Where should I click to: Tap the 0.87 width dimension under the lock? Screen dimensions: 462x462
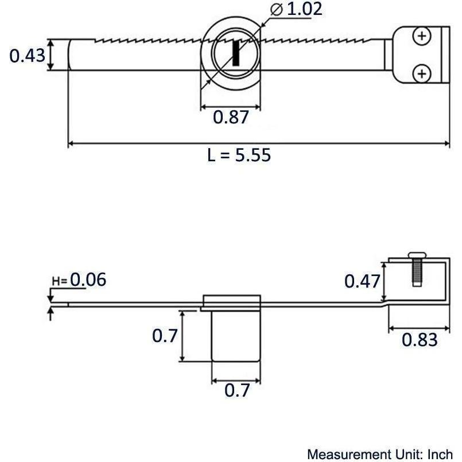pos(231,117)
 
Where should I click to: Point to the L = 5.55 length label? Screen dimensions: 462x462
pos(239,155)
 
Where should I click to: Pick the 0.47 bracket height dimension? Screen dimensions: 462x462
pos(362,281)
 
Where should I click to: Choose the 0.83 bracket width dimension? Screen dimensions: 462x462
pos(419,340)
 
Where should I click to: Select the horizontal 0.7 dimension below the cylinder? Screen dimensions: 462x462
pos(237,391)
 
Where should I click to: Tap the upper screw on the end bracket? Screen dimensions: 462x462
pos(422,37)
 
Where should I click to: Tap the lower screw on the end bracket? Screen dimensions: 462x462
pos(422,73)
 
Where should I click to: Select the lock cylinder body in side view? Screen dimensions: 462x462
pos(236,336)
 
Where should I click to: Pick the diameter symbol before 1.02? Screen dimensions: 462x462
pos(275,10)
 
